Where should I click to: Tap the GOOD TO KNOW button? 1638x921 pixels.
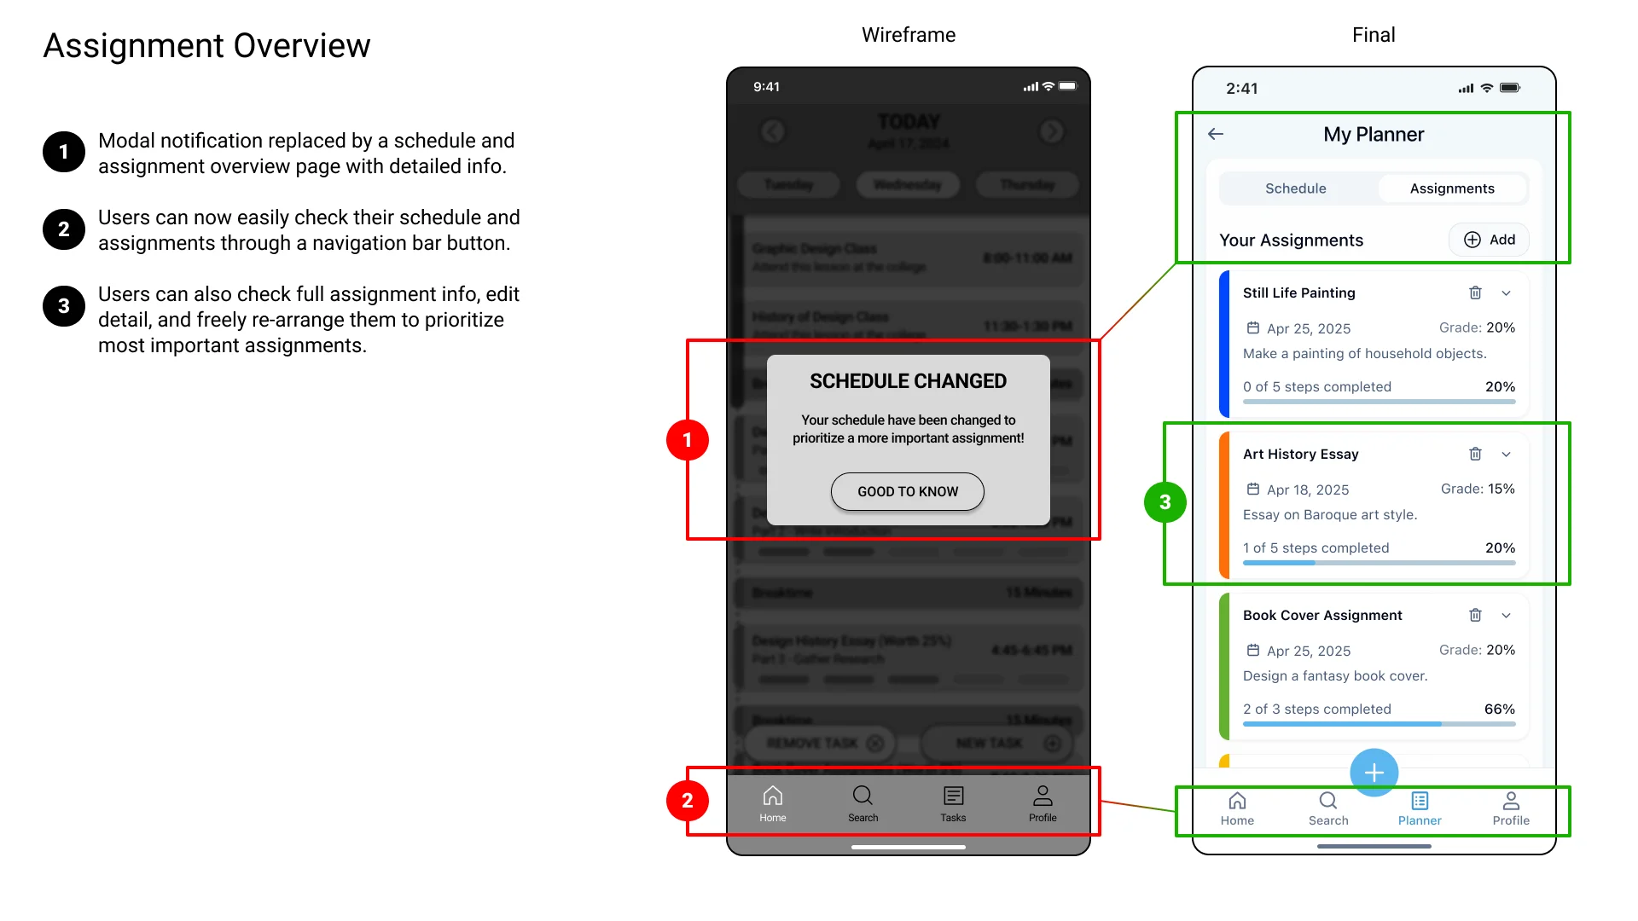click(x=907, y=491)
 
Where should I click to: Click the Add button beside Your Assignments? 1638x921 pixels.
click(x=1489, y=240)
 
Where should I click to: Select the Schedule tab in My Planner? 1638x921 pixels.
click(x=1295, y=188)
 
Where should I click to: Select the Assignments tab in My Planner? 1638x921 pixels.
click(x=1451, y=188)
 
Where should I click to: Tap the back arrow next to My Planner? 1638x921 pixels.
click(x=1216, y=134)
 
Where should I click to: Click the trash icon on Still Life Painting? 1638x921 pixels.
click(x=1475, y=293)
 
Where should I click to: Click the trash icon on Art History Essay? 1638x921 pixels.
click(x=1475, y=454)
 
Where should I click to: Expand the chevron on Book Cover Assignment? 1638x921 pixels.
click(x=1506, y=616)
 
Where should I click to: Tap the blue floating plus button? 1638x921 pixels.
click(x=1374, y=773)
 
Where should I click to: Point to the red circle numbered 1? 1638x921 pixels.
click(x=687, y=440)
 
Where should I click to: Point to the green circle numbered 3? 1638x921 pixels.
click(x=1165, y=502)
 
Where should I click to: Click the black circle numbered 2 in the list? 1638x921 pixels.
click(x=64, y=229)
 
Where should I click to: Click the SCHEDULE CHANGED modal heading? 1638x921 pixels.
click(x=908, y=381)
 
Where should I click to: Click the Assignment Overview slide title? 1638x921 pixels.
click(x=206, y=45)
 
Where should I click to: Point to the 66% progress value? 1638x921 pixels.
click(x=1499, y=710)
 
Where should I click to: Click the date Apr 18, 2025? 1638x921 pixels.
click(x=1307, y=489)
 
